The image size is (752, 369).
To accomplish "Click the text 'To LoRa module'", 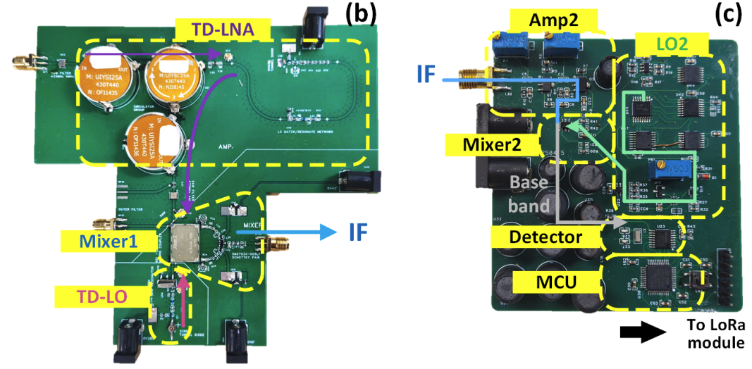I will click(x=715, y=334).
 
